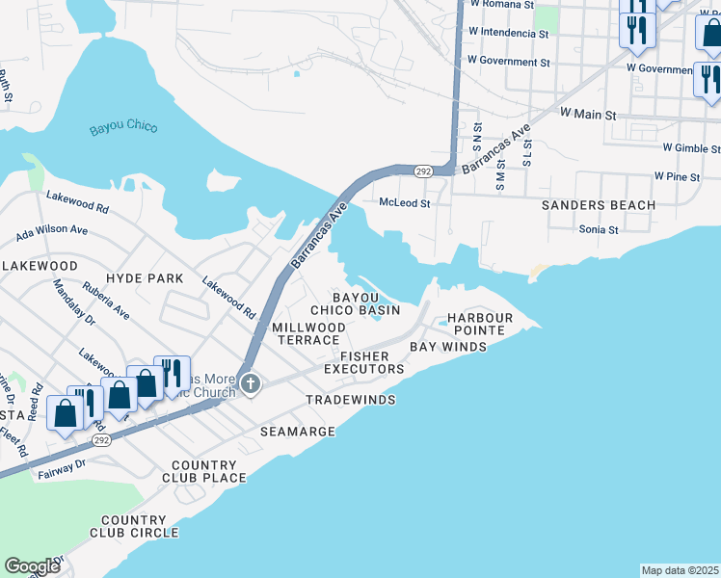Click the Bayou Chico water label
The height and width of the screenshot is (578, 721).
pyautogui.click(x=122, y=127)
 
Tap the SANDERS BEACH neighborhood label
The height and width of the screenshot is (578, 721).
pyautogui.click(x=598, y=205)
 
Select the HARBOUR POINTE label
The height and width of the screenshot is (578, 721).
pyautogui.click(x=474, y=324)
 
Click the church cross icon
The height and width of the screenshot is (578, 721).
pyautogui.click(x=251, y=385)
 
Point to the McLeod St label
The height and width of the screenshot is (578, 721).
pyautogui.click(x=404, y=203)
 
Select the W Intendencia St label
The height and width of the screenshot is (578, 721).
pyautogui.click(x=507, y=33)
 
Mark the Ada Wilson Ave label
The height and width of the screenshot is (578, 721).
pyautogui.click(x=52, y=231)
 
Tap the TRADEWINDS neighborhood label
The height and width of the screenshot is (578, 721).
pyautogui.click(x=350, y=399)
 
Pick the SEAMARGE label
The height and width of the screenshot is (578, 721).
pyautogui.click(x=298, y=432)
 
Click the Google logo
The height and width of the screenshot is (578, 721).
pyautogui.click(x=32, y=566)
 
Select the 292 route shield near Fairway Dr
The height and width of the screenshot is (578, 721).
pyautogui.click(x=100, y=439)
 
